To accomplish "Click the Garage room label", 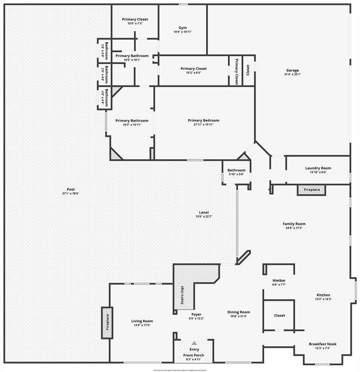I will click(x=292, y=70).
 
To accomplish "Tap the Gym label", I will click(x=182, y=28).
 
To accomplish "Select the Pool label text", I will click(x=71, y=189).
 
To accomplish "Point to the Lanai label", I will click(x=204, y=212).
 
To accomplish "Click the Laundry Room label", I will click(x=318, y=168).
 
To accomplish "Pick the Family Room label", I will click(x=294, y=224).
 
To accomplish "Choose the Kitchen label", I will click(x=323, y=295).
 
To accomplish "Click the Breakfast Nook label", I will click(x=323, y=344).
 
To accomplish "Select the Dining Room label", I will click(x=239, y=312).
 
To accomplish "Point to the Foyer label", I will click(x=196, y=314).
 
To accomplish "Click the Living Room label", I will click(x=142, y=321).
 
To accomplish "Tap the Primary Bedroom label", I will click(x=204, y=120).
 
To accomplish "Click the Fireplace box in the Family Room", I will click(x=312, y=189).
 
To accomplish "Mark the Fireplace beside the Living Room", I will click(x=107, y=323).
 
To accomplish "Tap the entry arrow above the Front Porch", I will click(x=194, y=343).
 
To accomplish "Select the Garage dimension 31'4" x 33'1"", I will click(x=292, y=75).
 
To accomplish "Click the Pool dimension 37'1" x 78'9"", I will click(x=71, y=194).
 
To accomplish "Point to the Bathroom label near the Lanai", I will click(x=237, y=170).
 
